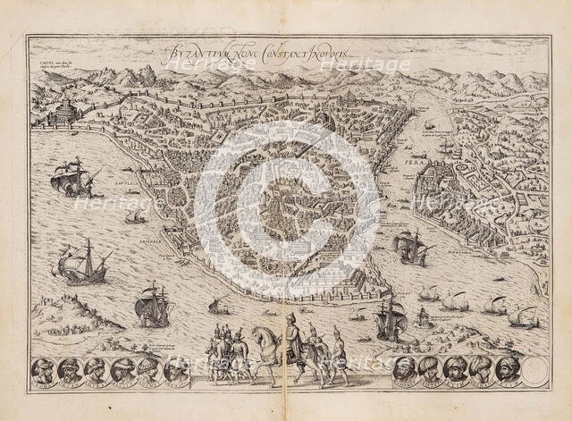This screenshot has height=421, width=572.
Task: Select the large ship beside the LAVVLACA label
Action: tap(72, 178)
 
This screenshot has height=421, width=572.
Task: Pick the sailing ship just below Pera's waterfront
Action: tap(409, 245)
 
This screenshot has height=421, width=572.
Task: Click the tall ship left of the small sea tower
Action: tap(390, 316)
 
